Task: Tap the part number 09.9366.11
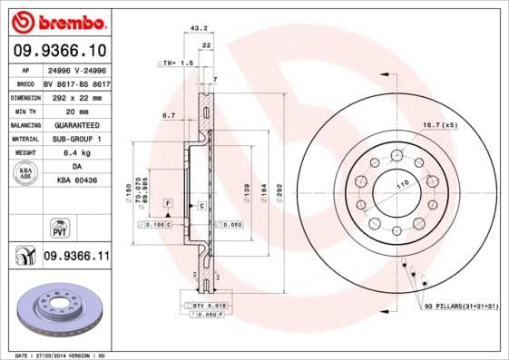coord(76,257)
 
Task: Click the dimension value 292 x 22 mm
coord(76,96)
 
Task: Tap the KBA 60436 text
coord(76,181)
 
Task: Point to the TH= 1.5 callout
coord(177,63)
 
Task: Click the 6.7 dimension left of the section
coord(168,116)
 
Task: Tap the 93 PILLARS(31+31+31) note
coord(460,307)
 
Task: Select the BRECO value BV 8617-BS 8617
coord(76,82)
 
